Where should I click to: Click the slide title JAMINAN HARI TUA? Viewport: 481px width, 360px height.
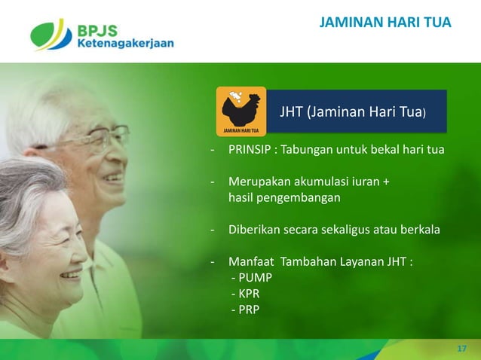pyautogui.click(x=385, y=23)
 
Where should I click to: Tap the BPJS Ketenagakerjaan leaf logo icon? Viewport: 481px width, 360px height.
pyautogui.click(x=51, y=34)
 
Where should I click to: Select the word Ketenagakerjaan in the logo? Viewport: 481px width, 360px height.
pyautogui.click(x=125, y=44)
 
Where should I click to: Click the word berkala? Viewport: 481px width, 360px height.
pyautogui.click(x=420, y=230)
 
